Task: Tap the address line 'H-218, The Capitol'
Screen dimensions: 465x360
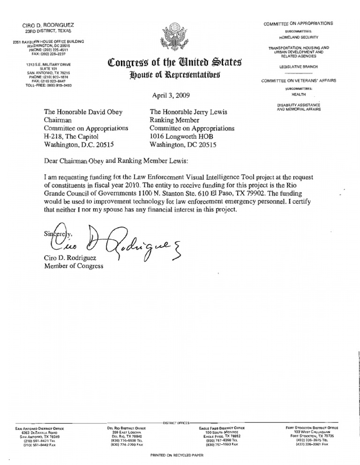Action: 71,136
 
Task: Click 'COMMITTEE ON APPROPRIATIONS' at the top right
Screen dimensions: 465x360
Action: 298,23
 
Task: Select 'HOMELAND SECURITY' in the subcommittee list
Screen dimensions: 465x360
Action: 298,37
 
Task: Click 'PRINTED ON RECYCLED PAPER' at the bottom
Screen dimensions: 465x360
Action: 177,455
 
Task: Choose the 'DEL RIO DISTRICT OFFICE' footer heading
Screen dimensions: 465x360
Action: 127,428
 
